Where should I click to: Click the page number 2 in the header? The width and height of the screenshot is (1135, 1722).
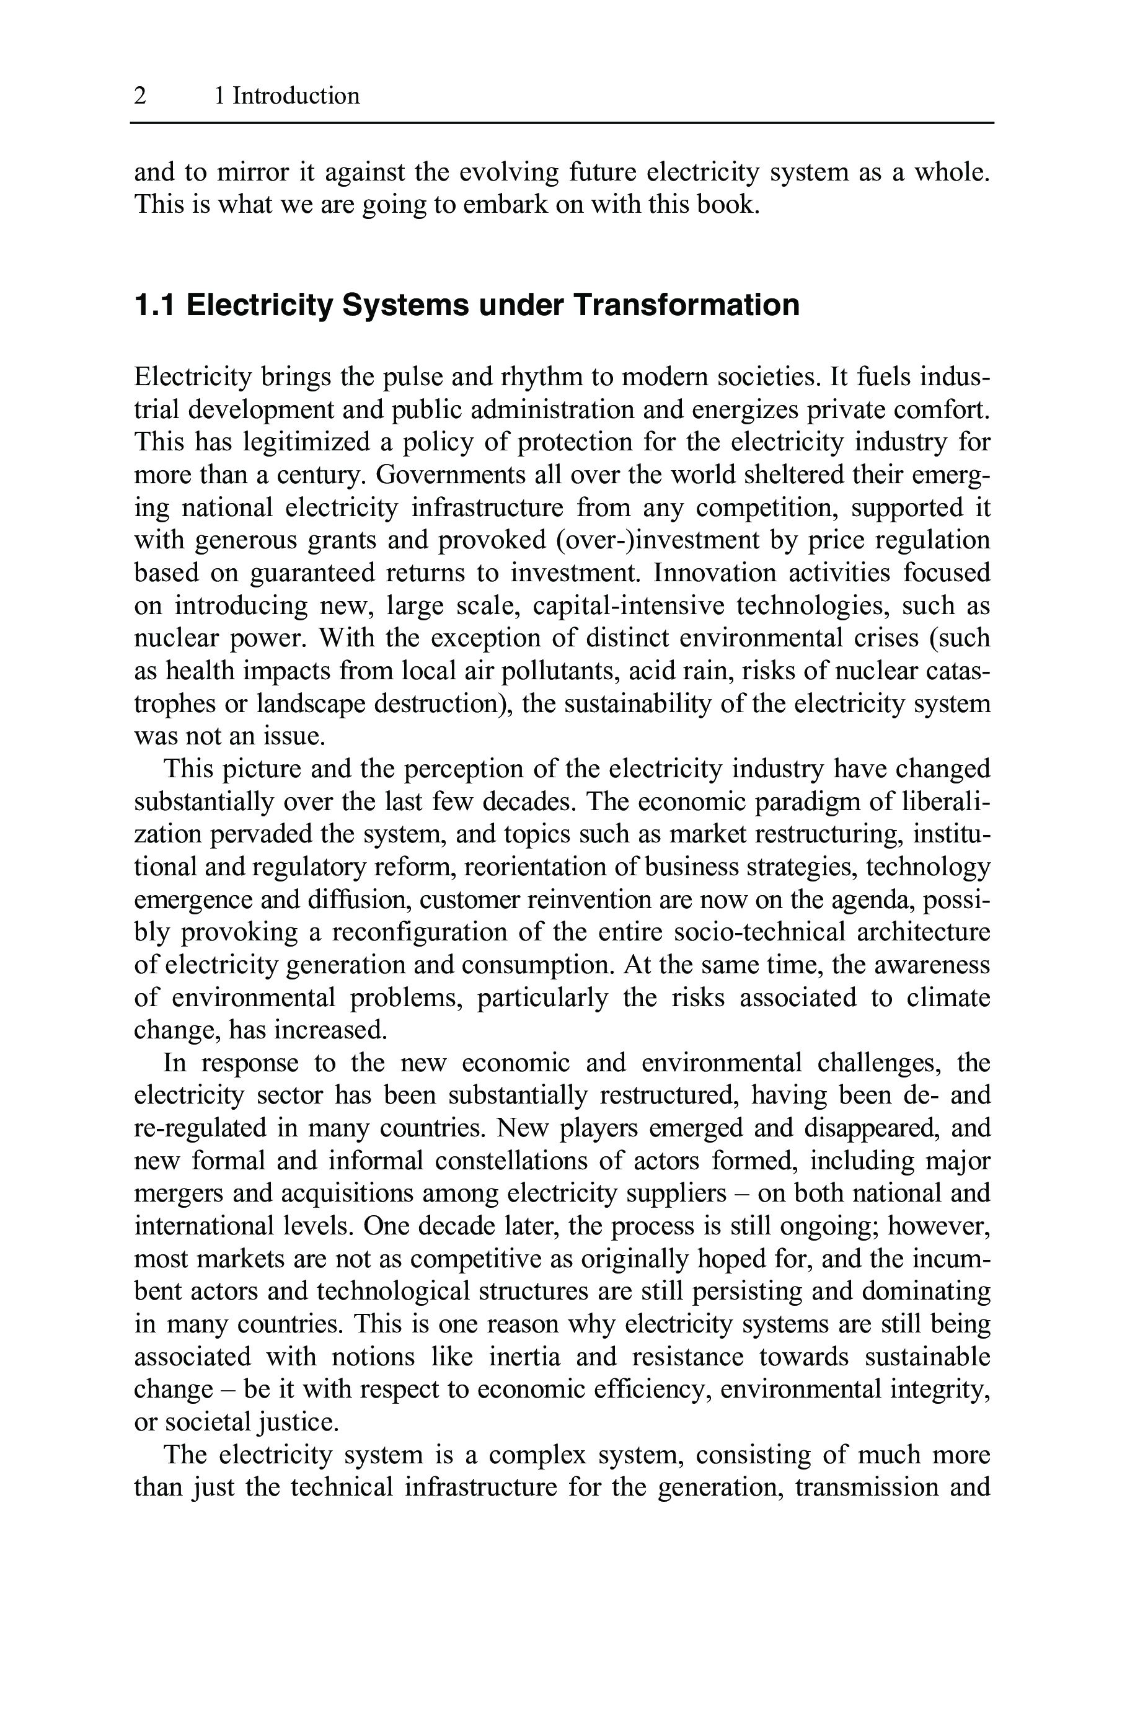click(x=141, y=96)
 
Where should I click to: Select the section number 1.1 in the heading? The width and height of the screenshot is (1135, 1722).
click(x=154, y=305)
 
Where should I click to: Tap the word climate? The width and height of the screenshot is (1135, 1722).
click(x=948, y=998)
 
